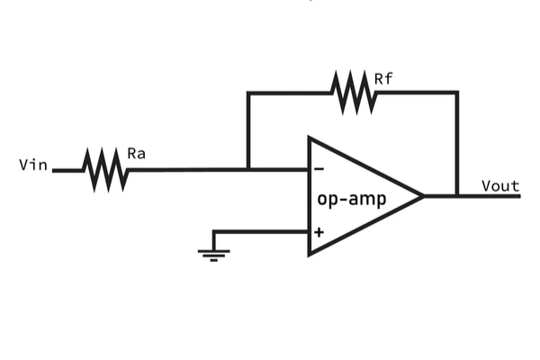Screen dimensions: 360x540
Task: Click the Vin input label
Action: (x=33, y=166)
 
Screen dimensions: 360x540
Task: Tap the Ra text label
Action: (x=137, y=154)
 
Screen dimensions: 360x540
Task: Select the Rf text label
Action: (x=383, y=79)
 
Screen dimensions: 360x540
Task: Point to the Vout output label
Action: (x=500, y=186)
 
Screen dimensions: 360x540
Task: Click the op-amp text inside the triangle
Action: (x=351, y=199)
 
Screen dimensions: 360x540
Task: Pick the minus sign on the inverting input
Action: (x=319, y=169)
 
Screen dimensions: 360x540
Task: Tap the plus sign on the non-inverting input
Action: (x=319, y=231)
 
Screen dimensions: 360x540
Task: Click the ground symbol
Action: (x=213, y=254)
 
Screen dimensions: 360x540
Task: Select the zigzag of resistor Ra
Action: (x=105, y=169)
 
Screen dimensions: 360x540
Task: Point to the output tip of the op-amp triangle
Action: (x=422, y=196)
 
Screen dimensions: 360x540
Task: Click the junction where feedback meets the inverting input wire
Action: (x=248, y=169)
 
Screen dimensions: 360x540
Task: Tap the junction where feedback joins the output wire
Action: (x=457, y=196)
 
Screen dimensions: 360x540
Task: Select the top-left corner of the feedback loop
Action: (x=248, y=93)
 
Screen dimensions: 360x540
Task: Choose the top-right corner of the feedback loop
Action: (x=457, y=93)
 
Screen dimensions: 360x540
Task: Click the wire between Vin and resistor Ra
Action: (x=67, y=169)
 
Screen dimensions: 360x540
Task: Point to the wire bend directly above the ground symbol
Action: (x=213, y=232)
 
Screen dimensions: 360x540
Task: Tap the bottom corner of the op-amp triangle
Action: (x=310, y=255)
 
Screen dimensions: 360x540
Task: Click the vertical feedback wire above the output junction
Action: (x=457, y=144)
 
